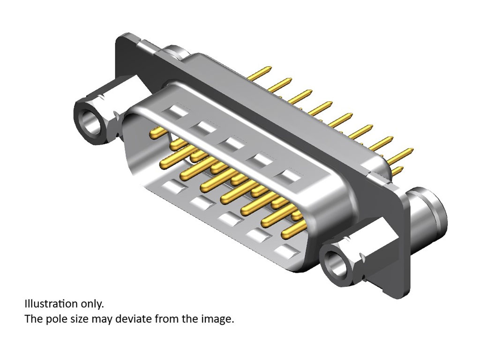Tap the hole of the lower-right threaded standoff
[x=337, y=263]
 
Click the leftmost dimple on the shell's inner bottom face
[x=174, y=186]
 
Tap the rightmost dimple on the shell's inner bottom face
[x=286, y=251]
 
